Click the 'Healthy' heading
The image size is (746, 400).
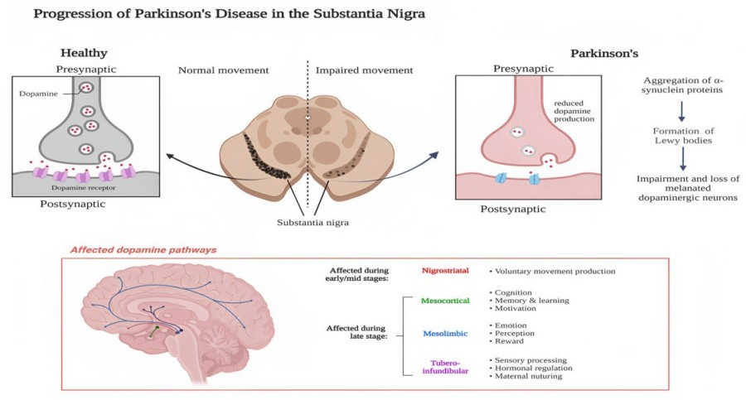(84, 53)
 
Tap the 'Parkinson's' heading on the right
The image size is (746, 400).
(603, 53)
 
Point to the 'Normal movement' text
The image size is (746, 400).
(224, 70)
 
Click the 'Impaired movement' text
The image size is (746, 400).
(364, 70)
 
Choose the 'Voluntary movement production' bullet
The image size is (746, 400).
(552, 271)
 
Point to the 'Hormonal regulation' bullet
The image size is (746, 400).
(534, 368)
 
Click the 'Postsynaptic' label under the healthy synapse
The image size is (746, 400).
(73, 204)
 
